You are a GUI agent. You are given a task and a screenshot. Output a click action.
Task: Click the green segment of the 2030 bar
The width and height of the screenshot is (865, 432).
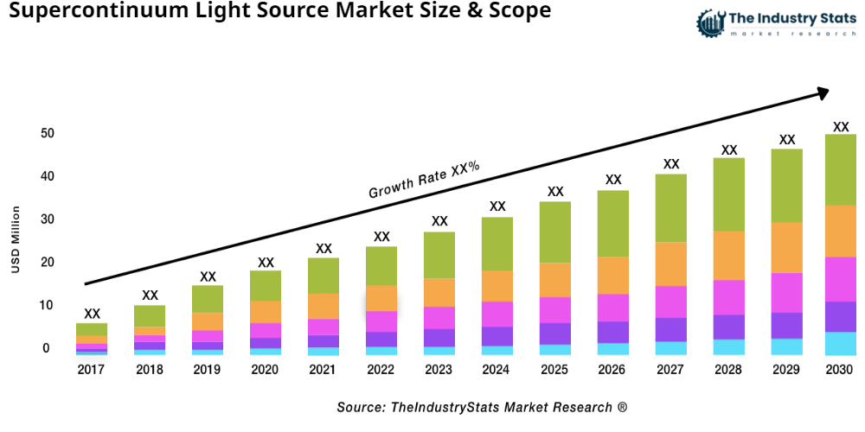840,169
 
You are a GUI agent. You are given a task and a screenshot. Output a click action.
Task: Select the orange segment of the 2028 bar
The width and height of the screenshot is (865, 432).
729,256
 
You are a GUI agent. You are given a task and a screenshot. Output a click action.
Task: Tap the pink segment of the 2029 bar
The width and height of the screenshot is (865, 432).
787,292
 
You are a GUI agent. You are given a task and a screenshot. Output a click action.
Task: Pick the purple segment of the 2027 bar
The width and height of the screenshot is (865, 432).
671,329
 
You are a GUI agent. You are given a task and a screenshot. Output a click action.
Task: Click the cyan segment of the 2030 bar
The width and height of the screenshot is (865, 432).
840,343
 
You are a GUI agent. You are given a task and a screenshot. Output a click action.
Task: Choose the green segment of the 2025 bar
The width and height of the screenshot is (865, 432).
555,232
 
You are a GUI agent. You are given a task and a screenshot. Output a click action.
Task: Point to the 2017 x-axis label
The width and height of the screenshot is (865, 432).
92,370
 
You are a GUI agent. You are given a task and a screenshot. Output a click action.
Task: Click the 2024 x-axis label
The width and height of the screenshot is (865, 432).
497,370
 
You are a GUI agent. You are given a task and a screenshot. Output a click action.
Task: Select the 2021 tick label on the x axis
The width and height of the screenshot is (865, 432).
324,370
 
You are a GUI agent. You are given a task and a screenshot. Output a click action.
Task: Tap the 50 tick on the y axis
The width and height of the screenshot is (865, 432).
46,134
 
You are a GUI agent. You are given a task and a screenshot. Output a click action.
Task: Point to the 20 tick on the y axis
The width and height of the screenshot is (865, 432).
46,263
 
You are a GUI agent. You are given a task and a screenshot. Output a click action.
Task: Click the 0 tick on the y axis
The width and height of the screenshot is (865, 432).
46,348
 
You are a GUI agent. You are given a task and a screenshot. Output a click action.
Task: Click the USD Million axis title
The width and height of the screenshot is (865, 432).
16,239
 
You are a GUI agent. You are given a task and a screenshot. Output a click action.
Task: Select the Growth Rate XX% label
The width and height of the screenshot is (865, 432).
424,180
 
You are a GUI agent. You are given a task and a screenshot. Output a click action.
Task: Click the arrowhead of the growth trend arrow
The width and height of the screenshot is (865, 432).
822,91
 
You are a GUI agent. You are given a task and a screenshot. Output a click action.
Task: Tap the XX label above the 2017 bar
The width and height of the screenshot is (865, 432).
92,314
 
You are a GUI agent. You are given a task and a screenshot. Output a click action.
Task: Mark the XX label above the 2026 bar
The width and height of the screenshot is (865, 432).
613,180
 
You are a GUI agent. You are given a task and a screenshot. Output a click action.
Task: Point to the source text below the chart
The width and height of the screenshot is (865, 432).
482,407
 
